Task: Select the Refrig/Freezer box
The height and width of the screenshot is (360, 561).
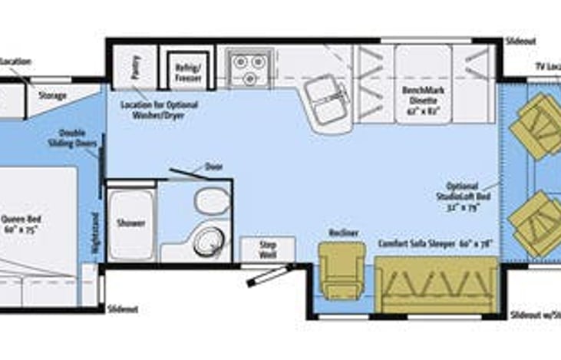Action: coord(188,70)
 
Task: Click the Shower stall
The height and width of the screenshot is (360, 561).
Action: coord(130,223)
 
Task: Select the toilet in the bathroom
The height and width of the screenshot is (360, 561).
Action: coord(209,202)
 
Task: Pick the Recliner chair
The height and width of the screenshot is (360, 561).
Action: coord(342,269)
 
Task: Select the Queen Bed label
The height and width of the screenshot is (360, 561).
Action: coord(21,223)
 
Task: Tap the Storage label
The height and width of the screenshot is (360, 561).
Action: coord(54,96)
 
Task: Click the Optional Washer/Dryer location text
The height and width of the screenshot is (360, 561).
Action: coord(159,109)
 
